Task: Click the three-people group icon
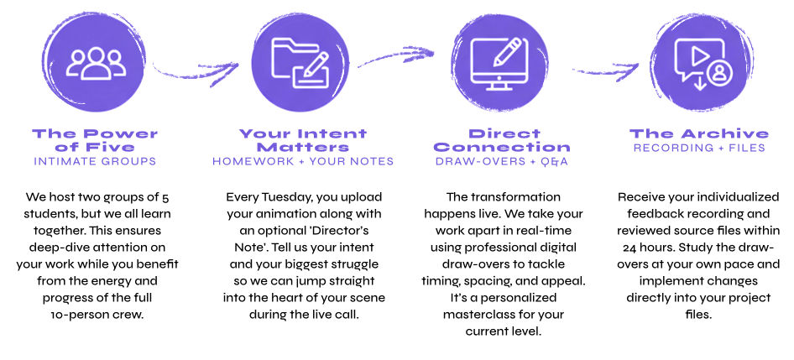click(95, 64)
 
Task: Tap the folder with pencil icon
click(300, 63)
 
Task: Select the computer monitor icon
click(499, 63)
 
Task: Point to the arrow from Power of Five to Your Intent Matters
click(195, 72)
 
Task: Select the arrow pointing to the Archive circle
click(606, 70)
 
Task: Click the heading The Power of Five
click(95, 141)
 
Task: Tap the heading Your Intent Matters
click(303, 141)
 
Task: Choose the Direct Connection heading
click(502, 141)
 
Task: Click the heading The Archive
click(699, 134)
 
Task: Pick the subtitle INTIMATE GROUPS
click(95, 161)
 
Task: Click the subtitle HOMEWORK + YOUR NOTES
click(303, 161)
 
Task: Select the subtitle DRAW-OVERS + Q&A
click(502, 162)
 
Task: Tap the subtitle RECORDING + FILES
click(699, 149)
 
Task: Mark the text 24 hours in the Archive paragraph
click(646, 248)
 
